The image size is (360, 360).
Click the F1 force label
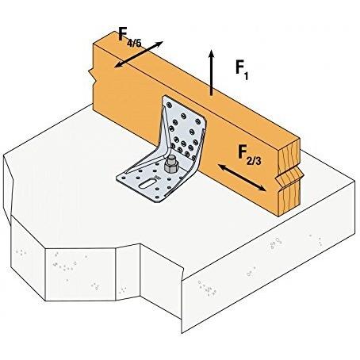click(242, 70)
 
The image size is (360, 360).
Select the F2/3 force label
click(250, 155)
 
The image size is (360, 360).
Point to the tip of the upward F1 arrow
click(211, 50)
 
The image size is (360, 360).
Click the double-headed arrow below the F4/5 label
click(139, 55)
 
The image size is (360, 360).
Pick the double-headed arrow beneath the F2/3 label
click(242, 178)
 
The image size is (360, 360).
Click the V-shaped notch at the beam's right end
click(289, 178)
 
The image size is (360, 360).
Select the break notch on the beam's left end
click(91, 75)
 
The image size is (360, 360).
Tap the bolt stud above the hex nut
click(172, 159)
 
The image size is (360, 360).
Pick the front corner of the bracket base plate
click(157, 202)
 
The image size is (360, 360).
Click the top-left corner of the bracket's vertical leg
click(166, 96)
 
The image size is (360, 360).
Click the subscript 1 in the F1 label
click(246, 76)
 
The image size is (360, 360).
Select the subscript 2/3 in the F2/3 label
click(254, 161)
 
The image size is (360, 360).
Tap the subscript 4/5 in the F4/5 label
click(135, 43)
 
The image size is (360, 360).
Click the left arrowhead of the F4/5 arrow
click(117, 66)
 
